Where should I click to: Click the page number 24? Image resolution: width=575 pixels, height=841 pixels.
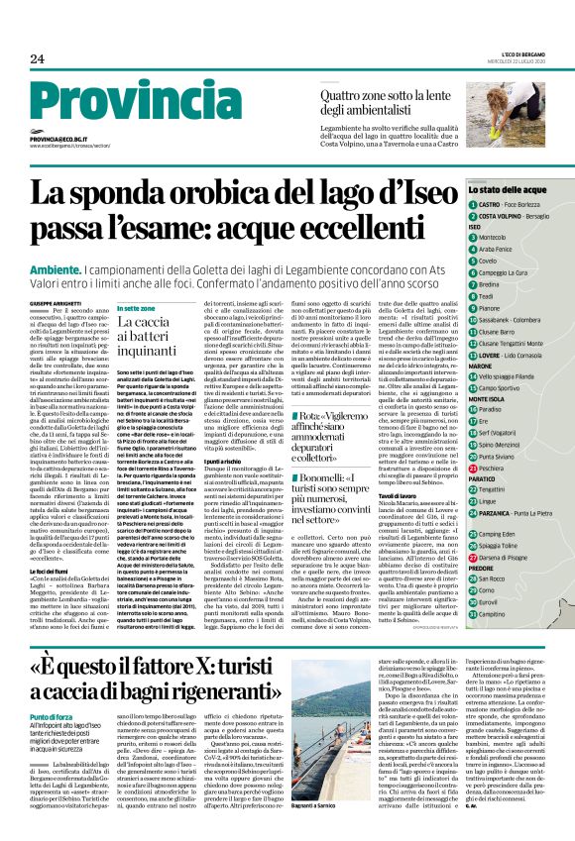(x=37, y=59)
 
